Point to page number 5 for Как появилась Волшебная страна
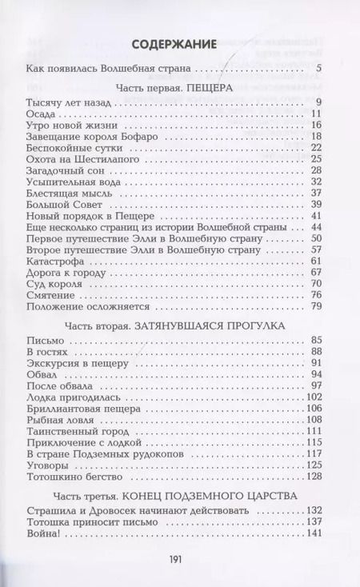point(318,67)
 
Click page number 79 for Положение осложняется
point(315,305)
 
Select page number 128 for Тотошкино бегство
point(313,475)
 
